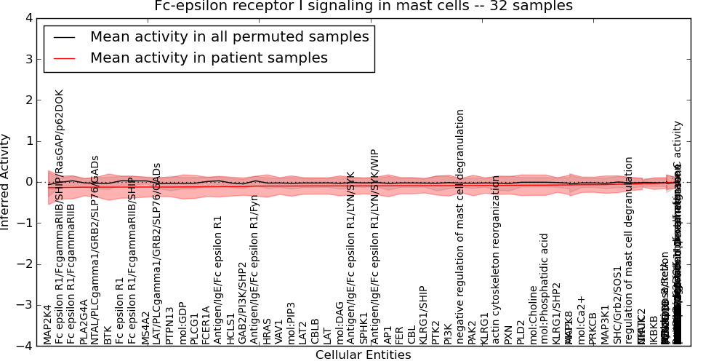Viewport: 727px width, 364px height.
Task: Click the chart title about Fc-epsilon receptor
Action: [363, 7]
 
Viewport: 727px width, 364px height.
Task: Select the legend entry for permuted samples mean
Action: [229, 36]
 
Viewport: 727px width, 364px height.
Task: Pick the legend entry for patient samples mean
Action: [209, 58]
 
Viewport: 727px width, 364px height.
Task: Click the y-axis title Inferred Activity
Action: [6, 181]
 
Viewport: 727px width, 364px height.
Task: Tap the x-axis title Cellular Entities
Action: [363, 355]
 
